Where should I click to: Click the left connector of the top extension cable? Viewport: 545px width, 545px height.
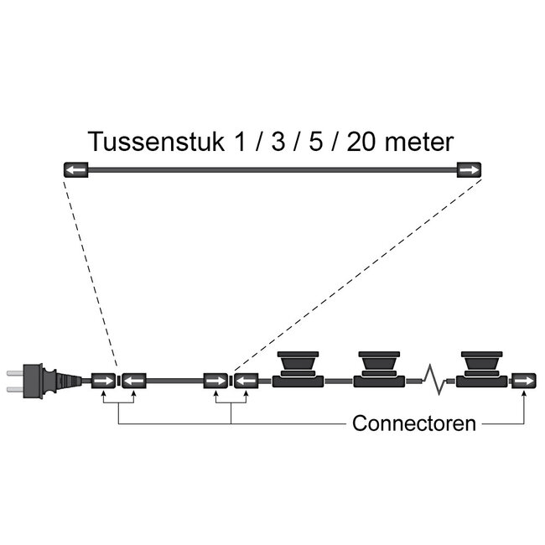coord(76,169)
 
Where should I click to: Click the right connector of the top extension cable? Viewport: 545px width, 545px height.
coord(470,169)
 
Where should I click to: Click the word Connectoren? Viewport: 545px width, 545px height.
coord(414,423)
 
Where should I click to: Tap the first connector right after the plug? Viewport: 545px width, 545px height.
coord(104,381)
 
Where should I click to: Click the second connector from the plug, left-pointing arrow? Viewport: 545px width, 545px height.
coord(134,381)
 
